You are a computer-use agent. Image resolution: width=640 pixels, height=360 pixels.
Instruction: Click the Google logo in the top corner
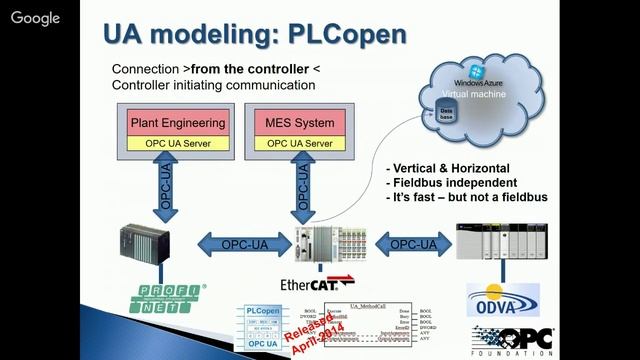36,18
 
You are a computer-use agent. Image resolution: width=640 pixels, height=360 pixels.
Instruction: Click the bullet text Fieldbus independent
455,183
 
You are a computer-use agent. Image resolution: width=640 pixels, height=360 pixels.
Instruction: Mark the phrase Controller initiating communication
213,86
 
